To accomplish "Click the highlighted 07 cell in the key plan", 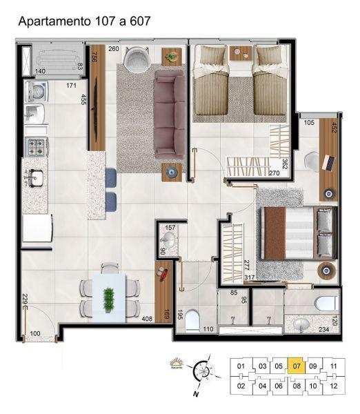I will [296, 366].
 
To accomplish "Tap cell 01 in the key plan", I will [241, 366].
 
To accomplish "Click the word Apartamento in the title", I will [52, 21].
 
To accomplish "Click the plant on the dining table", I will [108, 297].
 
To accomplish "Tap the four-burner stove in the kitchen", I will [37, 146].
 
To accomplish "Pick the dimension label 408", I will [147, 319].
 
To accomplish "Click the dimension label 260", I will [114, 49].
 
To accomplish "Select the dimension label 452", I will [334, 128].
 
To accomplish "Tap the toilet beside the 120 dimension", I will [324, 303].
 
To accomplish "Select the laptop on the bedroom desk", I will [329, 163].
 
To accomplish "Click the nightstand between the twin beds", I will [239, 52].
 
